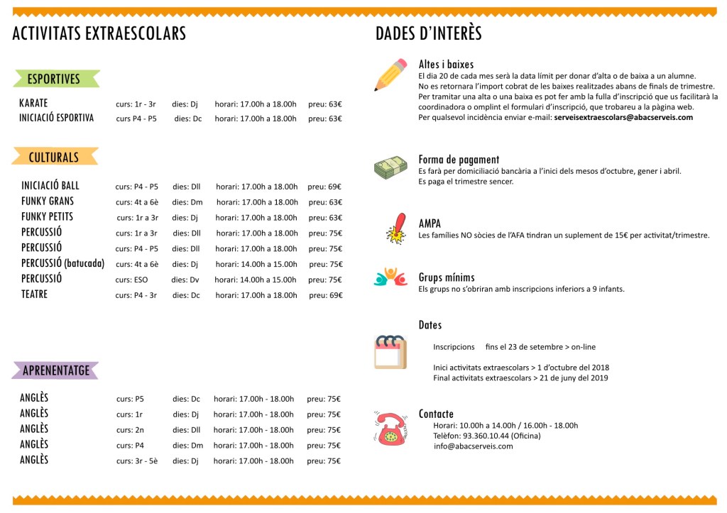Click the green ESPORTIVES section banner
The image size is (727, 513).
pos(54,79)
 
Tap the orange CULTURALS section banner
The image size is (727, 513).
pos(54,157)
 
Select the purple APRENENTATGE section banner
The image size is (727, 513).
pos(56,370)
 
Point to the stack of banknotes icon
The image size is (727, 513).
pos(390,168)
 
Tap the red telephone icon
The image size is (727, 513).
pos(390,428)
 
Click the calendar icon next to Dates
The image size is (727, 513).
pos(390,351)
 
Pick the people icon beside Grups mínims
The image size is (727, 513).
pos(390,277)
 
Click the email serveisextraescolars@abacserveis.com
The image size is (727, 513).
pos(623,118)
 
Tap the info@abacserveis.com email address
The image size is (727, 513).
pos(473,446)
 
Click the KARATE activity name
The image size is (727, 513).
pos(33,104)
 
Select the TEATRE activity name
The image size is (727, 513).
pos(34,294)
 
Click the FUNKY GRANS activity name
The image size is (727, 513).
pos(48,202)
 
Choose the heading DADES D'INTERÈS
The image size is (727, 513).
pos(428,33)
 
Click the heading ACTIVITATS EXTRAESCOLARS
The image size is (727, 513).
pos(99,33)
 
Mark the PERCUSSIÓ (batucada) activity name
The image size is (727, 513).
pos(62,263)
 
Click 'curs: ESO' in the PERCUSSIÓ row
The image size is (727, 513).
pos(133,280)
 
